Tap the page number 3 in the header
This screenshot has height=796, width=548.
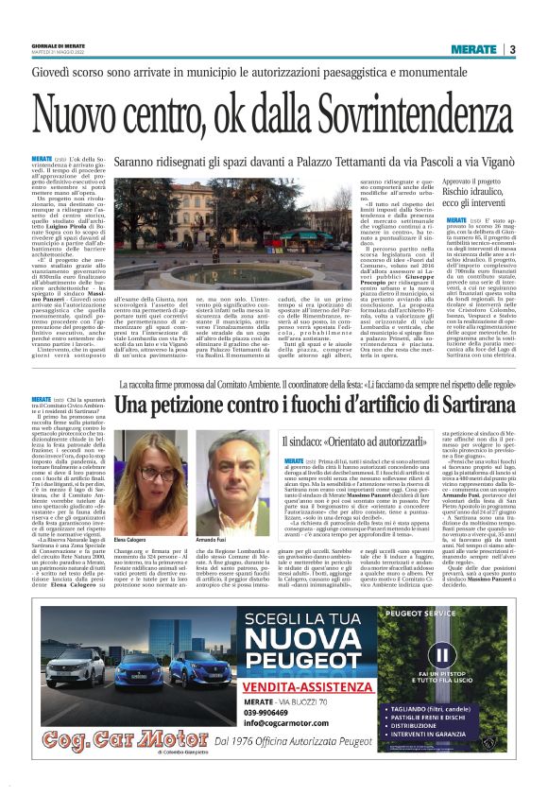(x=511, y=49)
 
